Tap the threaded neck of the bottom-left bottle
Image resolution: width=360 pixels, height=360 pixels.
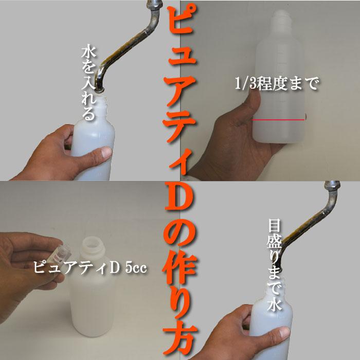95,246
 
